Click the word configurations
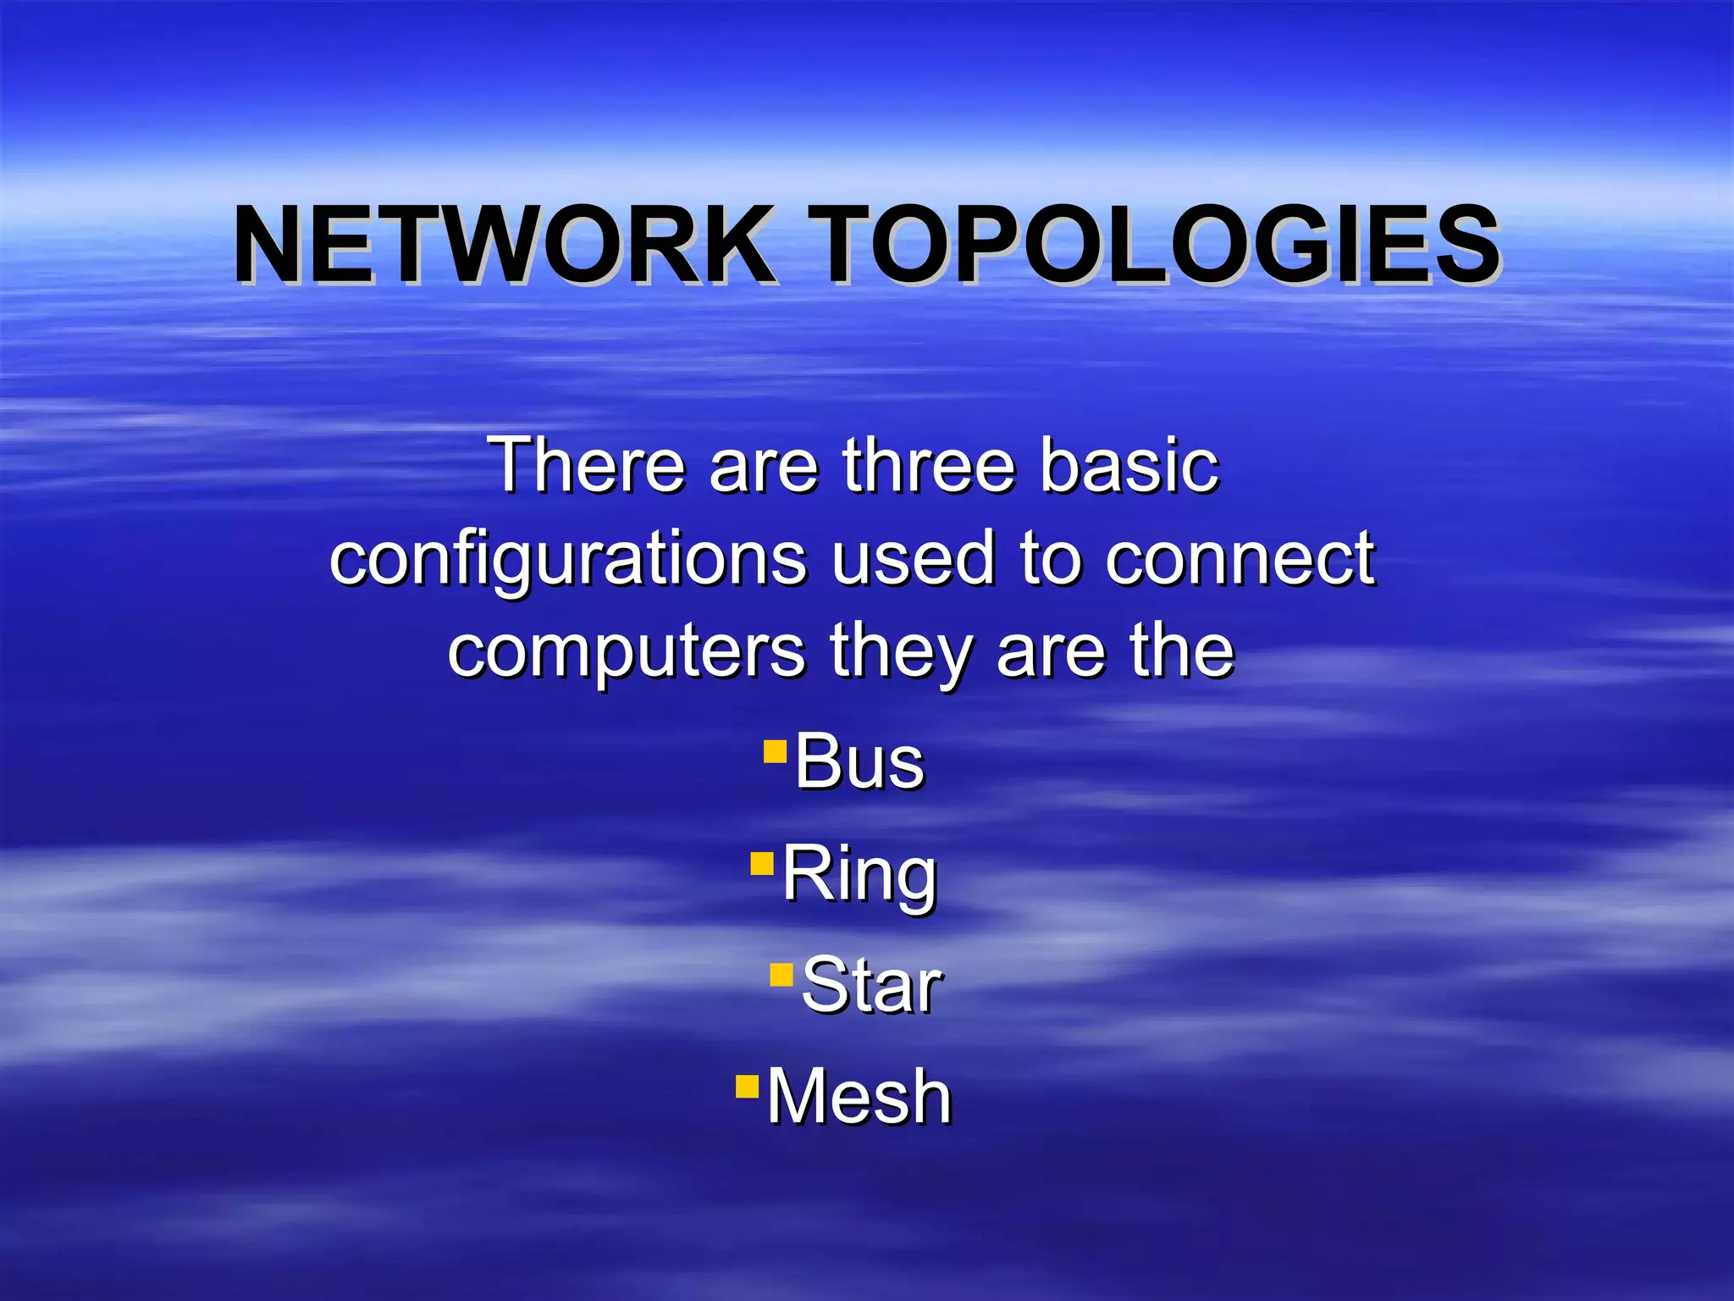click(x=568, y=559)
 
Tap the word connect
click(x=1240, y=559)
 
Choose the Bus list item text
click(x=859, y=762)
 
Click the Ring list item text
click(x=859, y=874)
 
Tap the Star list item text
click(x=871, y=985)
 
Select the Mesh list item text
click(x=859, y=1097)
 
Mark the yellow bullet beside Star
click(x=781, y=975)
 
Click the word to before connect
click(x=1050, y=559)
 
